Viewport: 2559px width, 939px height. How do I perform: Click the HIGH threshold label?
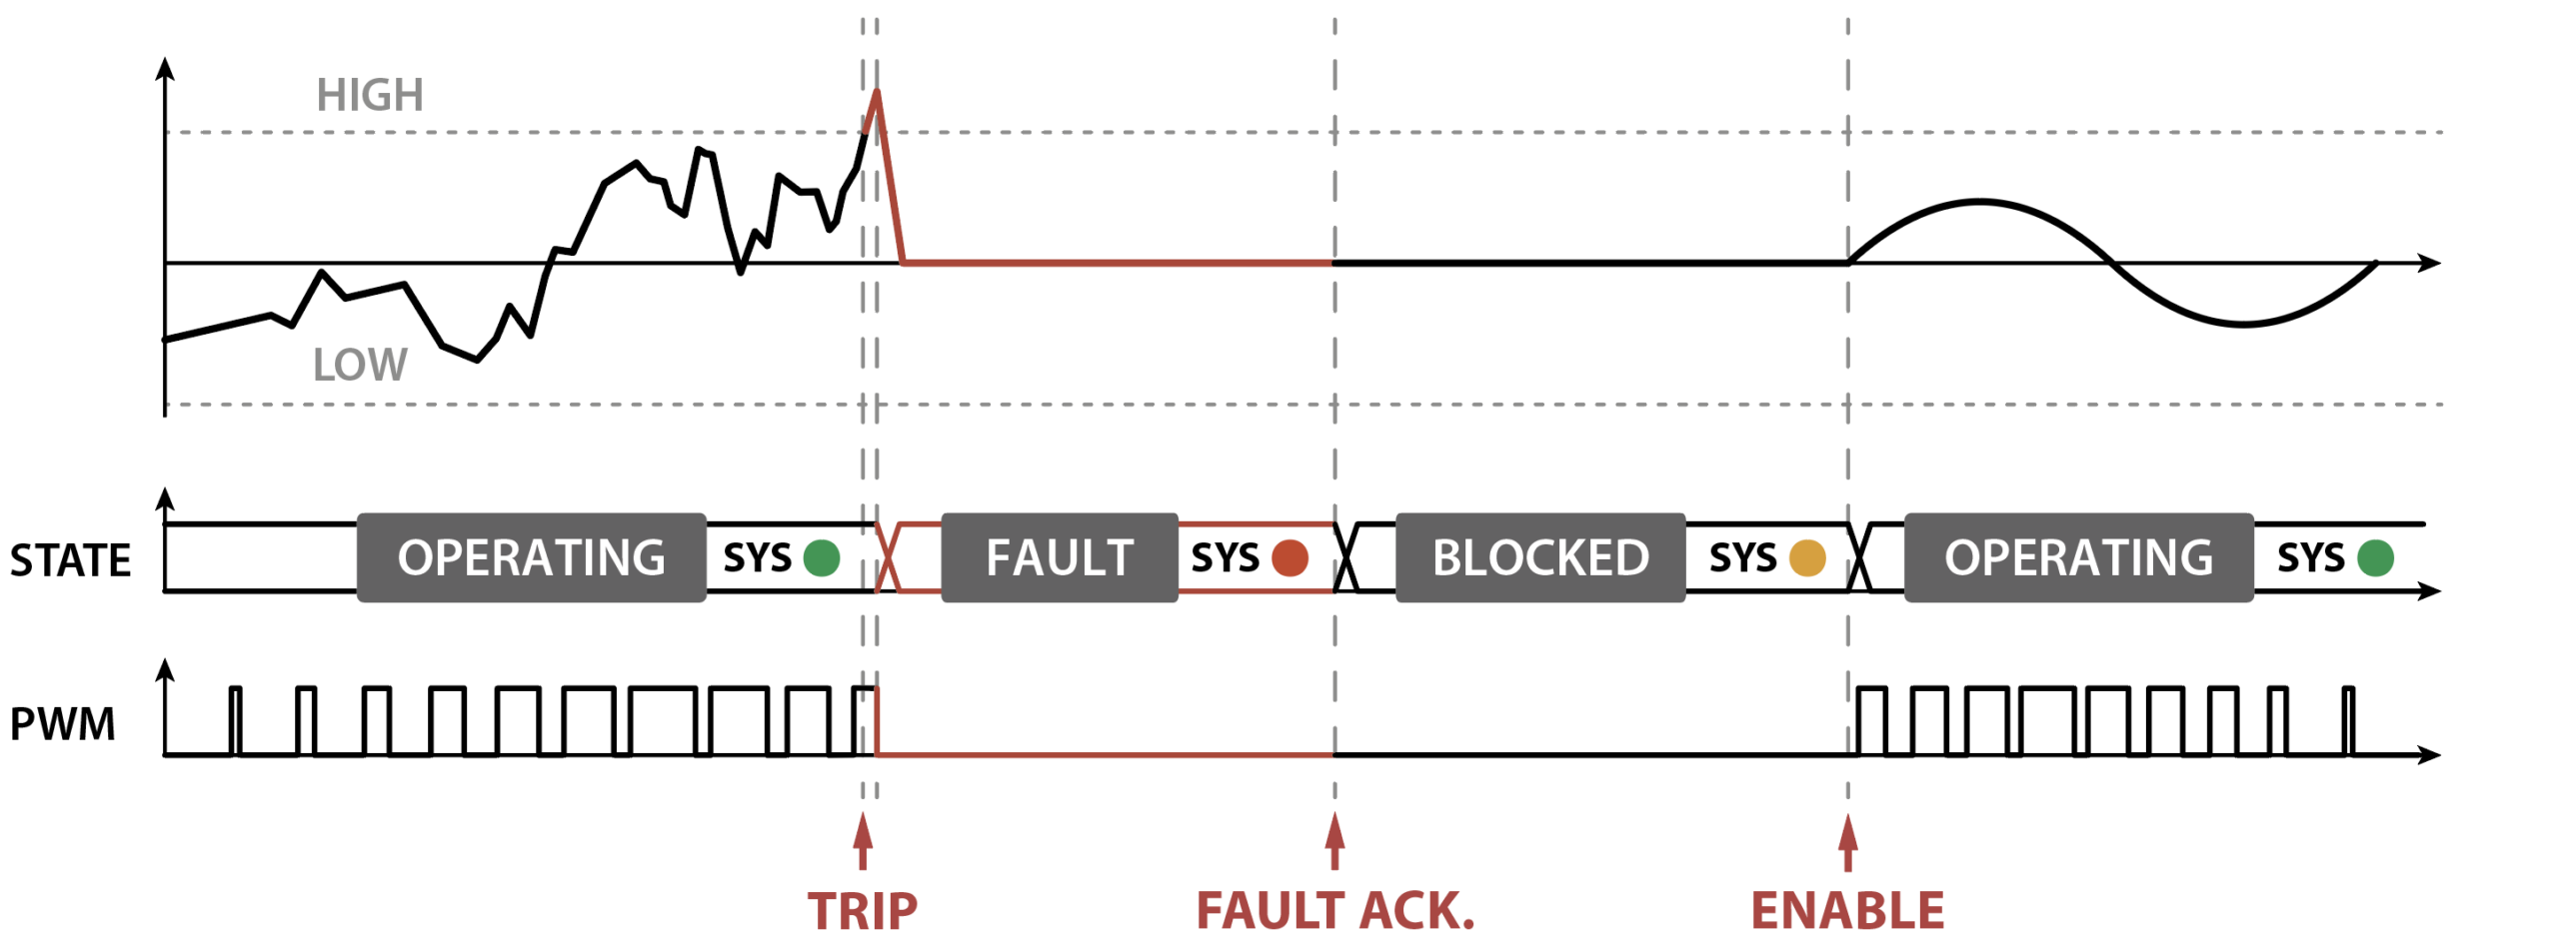tap(370, 96)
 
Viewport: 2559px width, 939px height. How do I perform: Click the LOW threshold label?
tap(360, 365)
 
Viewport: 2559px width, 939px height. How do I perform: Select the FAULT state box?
tap(1060, 557)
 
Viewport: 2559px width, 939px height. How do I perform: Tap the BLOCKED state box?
tap(1540, 557)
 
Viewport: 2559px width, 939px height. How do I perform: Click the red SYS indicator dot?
tap(1290, 557)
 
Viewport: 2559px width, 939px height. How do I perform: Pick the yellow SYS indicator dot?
tap(1807, 557)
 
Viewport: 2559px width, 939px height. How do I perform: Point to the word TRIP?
tap(862, 911)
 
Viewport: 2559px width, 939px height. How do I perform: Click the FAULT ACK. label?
tap(1335, 911)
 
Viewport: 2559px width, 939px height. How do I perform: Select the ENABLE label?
tap(1847, 911)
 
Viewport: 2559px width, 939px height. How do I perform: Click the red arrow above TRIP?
tap(863, 842)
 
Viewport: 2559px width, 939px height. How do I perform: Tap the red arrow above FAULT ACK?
tap(1334, 842)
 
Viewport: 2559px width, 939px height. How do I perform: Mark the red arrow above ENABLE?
tap(1848, 842)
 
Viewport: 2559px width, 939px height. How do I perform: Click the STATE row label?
tap(70, 560)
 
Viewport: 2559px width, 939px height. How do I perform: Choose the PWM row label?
tap(62, 724)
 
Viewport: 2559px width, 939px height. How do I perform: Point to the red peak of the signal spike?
tap(877, 92)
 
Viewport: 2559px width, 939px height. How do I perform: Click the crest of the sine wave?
tap(1980, 203)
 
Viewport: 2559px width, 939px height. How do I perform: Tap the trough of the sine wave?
tap(2244, 325)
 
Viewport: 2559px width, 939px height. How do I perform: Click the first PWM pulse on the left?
tap(235, 721)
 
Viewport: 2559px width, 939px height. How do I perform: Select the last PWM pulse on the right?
tap(2348, 721)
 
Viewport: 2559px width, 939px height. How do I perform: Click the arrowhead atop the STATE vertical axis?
tap(166, 498)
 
